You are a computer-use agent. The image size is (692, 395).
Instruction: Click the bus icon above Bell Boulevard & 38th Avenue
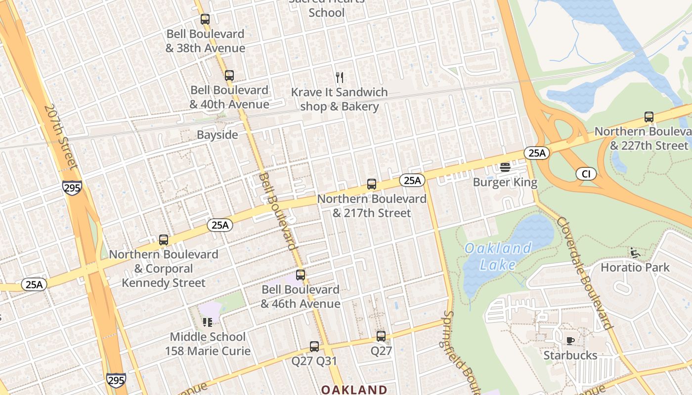[205, 19]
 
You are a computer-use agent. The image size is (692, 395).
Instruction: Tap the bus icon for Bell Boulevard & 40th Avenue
[229, 76]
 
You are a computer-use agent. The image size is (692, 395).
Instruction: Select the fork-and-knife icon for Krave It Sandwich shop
[339, 78]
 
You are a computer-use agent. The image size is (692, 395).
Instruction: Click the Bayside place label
[217, 135]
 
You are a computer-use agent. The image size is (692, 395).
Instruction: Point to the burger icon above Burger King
[505, 167]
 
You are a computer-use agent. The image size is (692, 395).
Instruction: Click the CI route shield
[586, 174]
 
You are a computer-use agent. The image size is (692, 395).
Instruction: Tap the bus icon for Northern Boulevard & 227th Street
[649, 117]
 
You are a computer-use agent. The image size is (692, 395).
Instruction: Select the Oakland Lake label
[498, 256]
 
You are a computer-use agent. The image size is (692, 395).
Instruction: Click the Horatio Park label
[635, 268]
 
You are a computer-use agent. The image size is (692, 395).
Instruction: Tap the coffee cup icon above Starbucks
[570, 341]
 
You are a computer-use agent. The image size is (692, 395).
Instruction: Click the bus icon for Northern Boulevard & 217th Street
[372, 184]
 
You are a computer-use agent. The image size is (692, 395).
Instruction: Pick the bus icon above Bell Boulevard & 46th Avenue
[300, 275]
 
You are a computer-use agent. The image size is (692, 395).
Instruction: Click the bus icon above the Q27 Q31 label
[314, 347]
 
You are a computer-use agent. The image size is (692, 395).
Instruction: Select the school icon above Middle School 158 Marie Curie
[207, 322]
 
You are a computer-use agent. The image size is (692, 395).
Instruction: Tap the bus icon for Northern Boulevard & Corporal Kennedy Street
[163, 240]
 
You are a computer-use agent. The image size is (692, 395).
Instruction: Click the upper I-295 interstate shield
[72, 188]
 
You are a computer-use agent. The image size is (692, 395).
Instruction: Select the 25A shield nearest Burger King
[537, 153]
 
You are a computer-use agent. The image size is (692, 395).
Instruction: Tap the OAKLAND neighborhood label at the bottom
[354, 390]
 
